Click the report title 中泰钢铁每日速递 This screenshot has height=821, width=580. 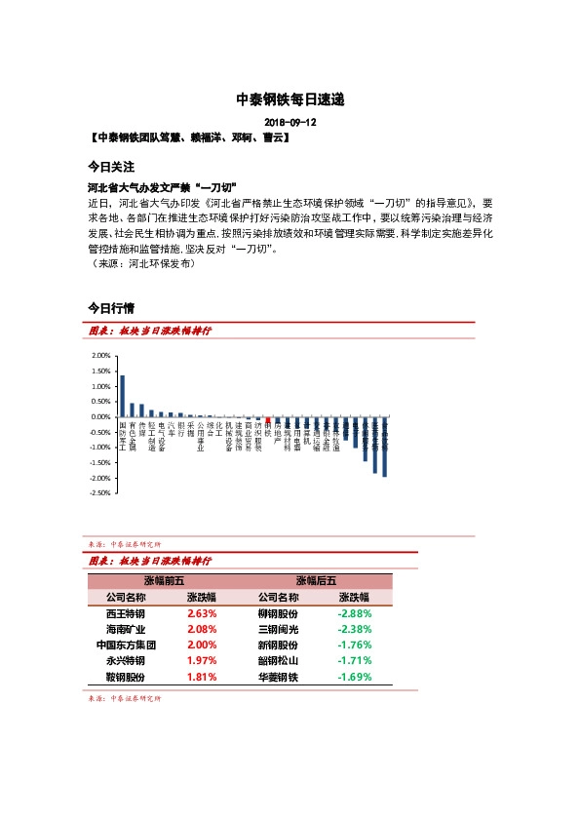pos(290,99)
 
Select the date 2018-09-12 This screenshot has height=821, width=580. pos(290,123)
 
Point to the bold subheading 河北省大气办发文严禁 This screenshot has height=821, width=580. pos(156,187)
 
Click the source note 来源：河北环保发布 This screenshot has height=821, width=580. pos(141,263)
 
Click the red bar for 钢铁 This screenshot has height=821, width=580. pos(269,419)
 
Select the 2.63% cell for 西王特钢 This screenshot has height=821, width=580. pos(202,613)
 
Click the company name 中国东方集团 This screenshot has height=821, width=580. pos(126,645)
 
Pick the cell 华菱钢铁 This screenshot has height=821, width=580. pos(278,676)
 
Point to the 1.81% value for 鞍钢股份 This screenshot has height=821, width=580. pos(202,676)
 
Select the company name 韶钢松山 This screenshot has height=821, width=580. pos(278,660)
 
